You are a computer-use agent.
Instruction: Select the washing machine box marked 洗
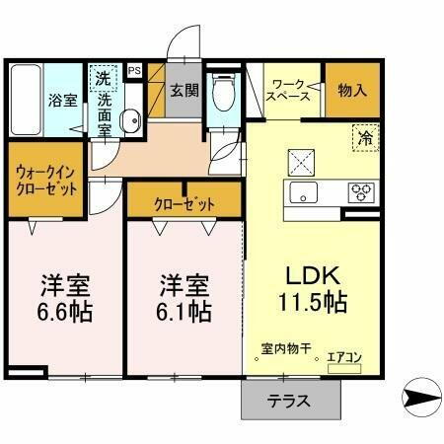104,77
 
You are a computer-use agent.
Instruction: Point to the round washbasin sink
129,122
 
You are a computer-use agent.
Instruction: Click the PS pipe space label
134,70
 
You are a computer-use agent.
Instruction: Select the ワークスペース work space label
291,91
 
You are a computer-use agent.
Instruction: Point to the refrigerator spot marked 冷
364,139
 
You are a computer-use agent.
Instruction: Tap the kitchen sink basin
301,191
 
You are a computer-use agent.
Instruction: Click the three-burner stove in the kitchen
358,191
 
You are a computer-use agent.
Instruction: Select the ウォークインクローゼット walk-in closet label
46,182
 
